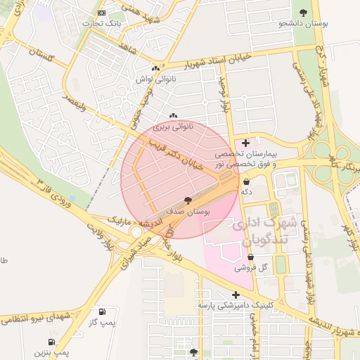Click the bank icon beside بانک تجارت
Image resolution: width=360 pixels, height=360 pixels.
(x=102, y=13)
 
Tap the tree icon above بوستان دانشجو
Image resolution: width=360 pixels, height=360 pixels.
(x=303, y=13)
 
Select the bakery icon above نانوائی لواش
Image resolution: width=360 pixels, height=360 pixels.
(x=155, y=69)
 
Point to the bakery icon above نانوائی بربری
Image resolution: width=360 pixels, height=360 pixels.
(x=174, y=115)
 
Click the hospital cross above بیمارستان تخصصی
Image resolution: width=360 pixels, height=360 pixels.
(x=245, y=143)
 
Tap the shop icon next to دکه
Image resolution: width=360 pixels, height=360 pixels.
(x=246, y=181)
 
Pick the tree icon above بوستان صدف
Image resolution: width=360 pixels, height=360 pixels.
(x=188, y=200)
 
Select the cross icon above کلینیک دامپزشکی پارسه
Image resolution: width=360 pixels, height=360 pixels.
(x=235, y=295)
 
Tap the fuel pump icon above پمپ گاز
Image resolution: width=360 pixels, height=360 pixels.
(x=103, y=311)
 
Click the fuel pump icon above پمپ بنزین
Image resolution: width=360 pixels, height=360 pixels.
(x=62, y=339)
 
